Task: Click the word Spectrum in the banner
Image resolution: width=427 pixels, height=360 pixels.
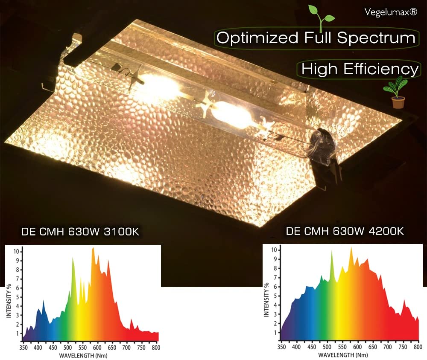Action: pyautogui.click(x=376, y=38)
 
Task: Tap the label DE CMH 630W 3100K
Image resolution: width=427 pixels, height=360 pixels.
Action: pyautogui.click(x=80, y=232)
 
